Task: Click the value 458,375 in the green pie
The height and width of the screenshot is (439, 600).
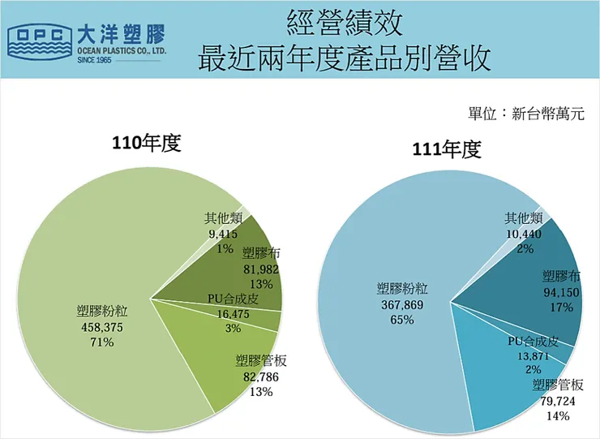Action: point(102,327)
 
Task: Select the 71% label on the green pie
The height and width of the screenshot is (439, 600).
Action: point(102,342)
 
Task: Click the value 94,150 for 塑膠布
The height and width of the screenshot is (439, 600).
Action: point(560,291)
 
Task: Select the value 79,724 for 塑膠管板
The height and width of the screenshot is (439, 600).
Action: point(558,401)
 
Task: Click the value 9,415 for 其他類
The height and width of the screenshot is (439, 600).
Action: point(223,234)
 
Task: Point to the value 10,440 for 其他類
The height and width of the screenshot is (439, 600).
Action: point(523,234)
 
